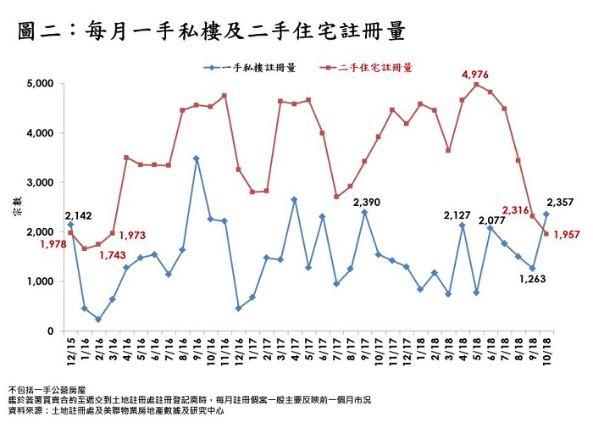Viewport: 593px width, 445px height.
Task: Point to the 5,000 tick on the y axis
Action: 41,84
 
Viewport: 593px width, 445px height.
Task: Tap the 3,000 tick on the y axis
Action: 41,183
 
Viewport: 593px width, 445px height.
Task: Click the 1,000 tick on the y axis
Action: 41,281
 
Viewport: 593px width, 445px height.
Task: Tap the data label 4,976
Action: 475,75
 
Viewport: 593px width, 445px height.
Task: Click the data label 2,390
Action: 366,202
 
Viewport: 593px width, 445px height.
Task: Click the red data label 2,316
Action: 515,209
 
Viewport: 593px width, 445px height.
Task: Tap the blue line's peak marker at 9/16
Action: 196,159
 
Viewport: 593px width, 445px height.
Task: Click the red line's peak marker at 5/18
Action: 476,85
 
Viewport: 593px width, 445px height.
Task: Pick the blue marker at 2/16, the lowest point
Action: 98,320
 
